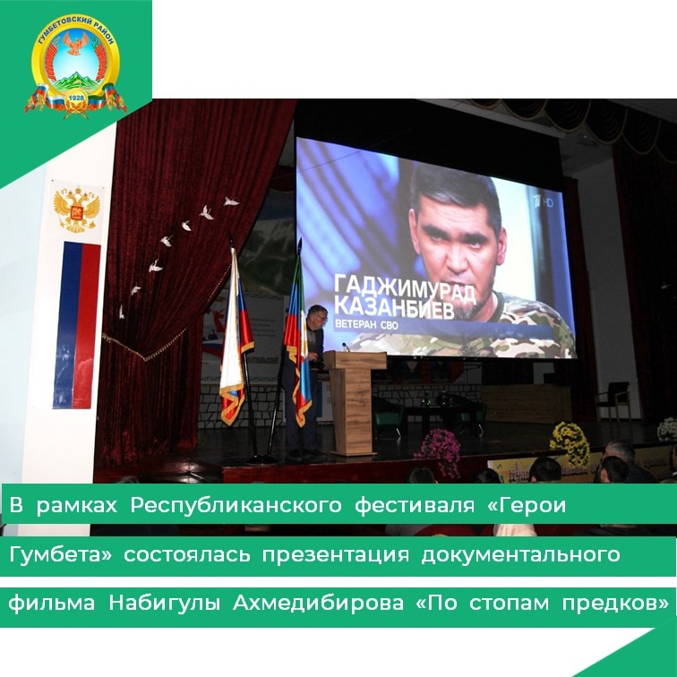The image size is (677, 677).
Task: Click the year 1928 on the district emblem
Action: [76, 99]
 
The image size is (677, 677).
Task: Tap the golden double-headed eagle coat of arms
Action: [77, 209]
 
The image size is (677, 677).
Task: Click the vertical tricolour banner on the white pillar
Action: [76, 325]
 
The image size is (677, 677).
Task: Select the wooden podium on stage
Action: [355, 402]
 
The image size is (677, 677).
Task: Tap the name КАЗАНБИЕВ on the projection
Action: [395, 310]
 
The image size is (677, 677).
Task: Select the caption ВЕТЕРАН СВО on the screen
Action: [366, 325]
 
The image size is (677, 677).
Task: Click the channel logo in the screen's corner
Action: [543, 202]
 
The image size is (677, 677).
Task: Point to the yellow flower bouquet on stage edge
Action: [570, 443]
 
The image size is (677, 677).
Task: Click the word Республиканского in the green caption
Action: [236, 505]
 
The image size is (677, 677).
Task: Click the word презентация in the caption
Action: [335, 555]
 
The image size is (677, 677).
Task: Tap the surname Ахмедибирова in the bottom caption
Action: [318, 604]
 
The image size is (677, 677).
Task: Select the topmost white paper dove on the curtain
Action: [231, 201]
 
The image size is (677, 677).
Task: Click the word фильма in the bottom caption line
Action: [51, 604]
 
